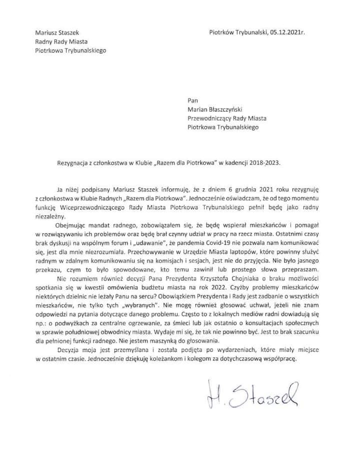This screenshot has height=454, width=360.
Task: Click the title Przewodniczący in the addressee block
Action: (x=213, y=118)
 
